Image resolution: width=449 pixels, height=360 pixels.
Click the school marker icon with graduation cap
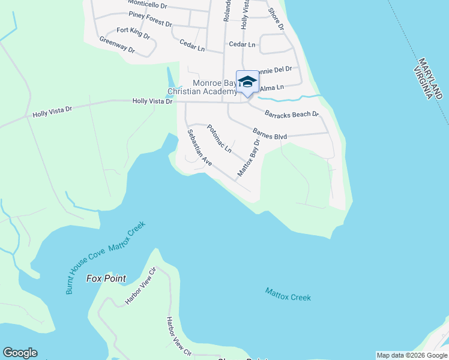tap(247, 82)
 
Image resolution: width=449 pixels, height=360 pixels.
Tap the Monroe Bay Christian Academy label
tap(202, 88)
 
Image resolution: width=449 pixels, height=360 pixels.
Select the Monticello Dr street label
tap(148, 4)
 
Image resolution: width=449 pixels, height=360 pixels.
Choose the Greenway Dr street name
tap(117, 45)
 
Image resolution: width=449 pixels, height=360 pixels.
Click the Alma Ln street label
tap(272, 88)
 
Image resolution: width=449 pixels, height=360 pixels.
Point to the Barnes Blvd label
tap(270, 133)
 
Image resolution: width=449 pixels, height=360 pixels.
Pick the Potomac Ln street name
tap(219, 139)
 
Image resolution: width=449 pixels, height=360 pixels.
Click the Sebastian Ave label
tap(199, 148)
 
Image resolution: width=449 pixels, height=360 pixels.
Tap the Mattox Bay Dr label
tap(250, 158)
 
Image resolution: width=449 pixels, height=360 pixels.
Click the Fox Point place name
tap(106, 278)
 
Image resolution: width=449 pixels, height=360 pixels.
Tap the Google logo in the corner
tap(20, 353)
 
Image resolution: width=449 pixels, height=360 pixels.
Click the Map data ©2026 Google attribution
tap(412, 355)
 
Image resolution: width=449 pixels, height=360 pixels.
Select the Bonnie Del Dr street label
tap(275, 69)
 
